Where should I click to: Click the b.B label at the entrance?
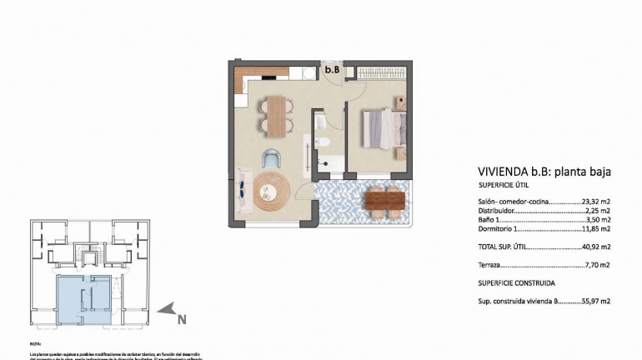[x=331, y=70]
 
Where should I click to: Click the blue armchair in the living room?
[x=271, y=157]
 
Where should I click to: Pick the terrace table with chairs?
[x=385, y=200]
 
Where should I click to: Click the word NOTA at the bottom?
[x=35, y=343]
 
